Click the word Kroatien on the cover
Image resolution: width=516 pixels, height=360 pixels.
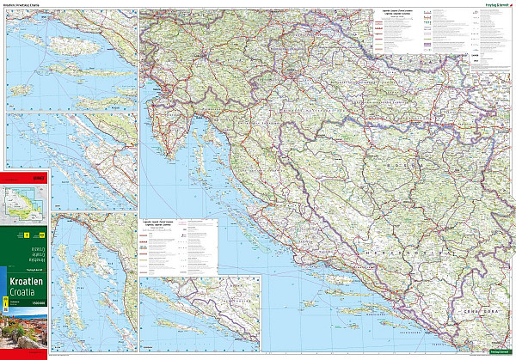click(x=25, y=281)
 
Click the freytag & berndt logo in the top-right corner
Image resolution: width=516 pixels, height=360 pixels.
click(x=490, y=9)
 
